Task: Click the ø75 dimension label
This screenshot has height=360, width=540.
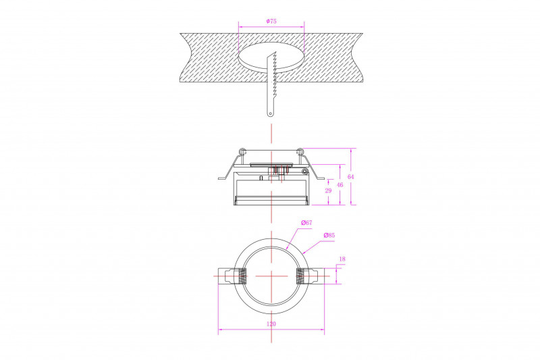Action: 271,21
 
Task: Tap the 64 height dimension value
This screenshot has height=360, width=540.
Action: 350,177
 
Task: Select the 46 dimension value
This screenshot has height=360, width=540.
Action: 340,185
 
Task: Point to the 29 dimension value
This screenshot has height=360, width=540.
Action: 328,190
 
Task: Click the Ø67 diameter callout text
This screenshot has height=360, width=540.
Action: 306,222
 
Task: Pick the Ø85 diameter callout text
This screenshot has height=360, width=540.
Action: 329,235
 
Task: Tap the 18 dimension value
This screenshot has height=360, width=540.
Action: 342,259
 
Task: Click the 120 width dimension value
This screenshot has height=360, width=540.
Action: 271,324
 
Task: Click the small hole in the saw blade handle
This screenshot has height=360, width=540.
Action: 271,113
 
